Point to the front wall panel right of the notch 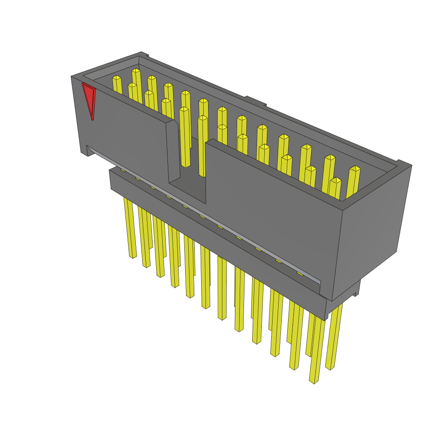(268, 208)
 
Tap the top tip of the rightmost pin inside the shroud (355, 168)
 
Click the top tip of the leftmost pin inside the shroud (116, 78)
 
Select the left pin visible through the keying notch (185, 138)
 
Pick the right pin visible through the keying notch (202, 147)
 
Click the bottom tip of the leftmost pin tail (132, 257)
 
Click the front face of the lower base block (216, 242)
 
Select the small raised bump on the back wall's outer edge (255, 101)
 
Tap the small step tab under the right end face (357, 288)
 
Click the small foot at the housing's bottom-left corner (84, 152)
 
